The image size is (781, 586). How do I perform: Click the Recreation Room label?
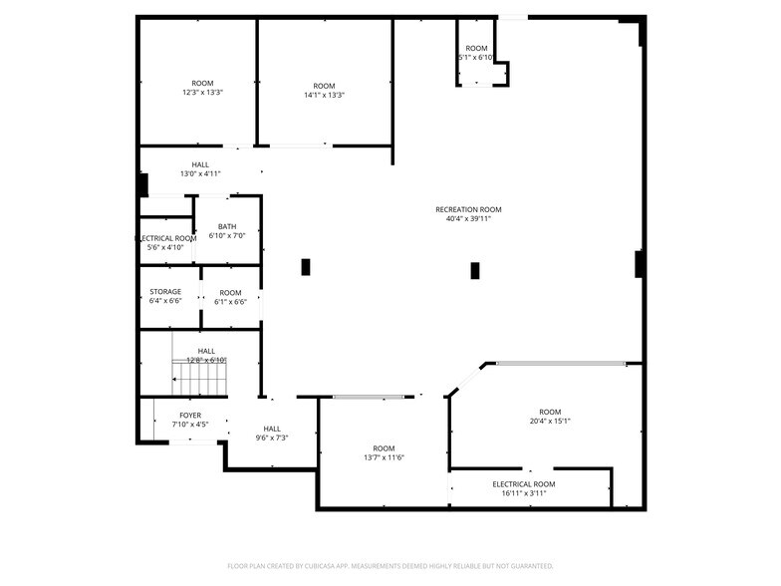click(x=468, y=209)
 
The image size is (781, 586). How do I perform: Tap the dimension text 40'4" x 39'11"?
click(x=468, y=219)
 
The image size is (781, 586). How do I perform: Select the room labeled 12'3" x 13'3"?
click(x=202, y=89)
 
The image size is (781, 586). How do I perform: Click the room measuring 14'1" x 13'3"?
click(x=324, y=90)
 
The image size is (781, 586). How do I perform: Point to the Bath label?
click(x=227, y=227)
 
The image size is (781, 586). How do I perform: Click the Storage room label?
click(x=165, y=292)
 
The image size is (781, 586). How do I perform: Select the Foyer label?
click(x=189, y=415)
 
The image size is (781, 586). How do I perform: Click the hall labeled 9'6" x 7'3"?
click(x=272, y=433)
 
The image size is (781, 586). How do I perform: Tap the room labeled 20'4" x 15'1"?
click(x=550, y=417)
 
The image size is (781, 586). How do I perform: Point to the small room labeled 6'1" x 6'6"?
click(x=230, y=297)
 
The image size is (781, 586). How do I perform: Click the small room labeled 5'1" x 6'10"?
click(x=476, y=53)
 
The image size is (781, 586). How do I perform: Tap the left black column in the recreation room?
click(x=306, y=267)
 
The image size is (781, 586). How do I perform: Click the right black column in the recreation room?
click(x=475, y=270)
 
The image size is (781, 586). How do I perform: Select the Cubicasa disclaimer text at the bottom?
click(x=390, y=566)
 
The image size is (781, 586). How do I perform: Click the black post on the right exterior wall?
click(x=638, y=264)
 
